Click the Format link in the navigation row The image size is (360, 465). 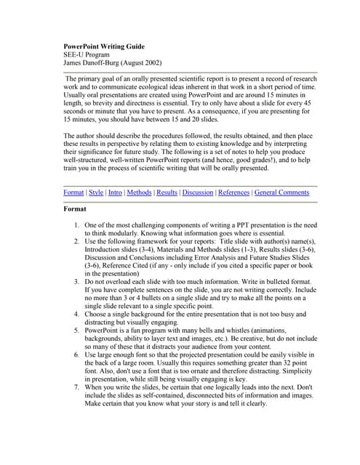73,193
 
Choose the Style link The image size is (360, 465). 96,193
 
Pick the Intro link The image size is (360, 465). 115,193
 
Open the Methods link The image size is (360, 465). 139,193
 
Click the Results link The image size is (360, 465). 167,193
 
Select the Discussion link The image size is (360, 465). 197,193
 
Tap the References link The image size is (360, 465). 233,193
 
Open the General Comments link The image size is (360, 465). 282,193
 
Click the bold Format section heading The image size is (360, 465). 75,209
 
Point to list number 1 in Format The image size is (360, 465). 76,226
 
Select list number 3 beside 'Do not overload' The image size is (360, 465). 76,279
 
